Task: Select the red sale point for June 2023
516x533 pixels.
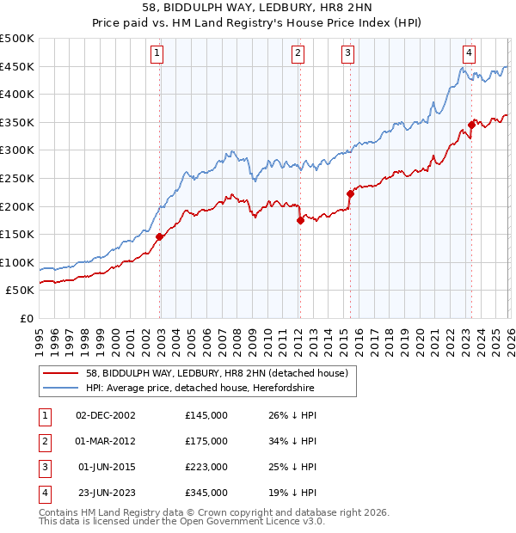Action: click(x=471, y=126)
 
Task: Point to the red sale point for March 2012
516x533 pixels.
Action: click(x=300, y=220)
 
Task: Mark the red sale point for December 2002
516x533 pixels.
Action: click(x=160, y=236)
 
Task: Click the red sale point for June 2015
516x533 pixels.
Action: click(x=350, y=193)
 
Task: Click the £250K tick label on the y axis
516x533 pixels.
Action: click(x=17, y=178)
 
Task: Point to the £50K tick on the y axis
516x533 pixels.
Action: click(x=21, y=291)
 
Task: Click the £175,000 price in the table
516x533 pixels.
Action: click(x=206, y=441)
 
